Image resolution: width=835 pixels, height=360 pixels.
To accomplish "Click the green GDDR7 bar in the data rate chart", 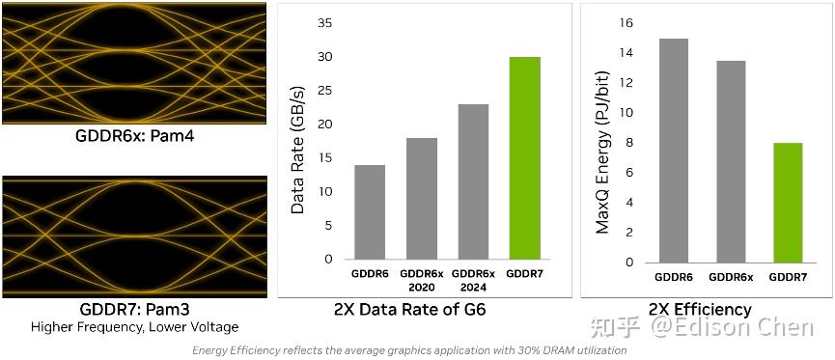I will click(525, 158).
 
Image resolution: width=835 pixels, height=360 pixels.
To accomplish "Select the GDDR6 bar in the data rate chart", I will click(370, 212).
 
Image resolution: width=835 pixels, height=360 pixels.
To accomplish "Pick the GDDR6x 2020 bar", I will click(421, 199).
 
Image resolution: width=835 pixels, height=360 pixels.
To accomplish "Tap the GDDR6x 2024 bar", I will click(473, 181).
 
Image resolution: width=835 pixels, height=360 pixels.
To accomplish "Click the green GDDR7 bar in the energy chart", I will click(789, 203).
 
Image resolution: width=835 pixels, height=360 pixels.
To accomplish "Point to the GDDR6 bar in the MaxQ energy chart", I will click(673, 151).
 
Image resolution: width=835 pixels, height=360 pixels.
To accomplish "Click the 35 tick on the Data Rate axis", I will click(324, 23).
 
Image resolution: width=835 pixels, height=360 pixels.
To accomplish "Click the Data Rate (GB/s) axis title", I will click(298, 142).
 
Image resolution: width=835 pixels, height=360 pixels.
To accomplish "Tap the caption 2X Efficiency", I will click(700, 310).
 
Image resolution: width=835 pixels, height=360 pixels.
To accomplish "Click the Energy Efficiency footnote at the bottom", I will click(409, 350).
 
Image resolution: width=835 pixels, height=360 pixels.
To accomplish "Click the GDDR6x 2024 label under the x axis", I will click(474, 281).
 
